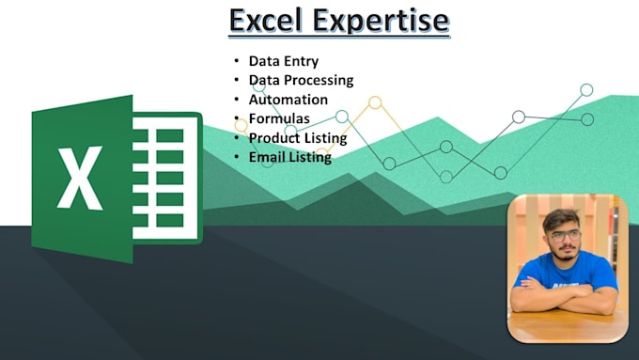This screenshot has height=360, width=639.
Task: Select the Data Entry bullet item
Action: (282, 61)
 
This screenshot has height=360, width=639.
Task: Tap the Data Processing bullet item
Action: (301, 80)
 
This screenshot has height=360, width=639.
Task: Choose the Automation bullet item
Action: (288, 100)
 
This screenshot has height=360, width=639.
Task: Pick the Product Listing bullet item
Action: (298, 138)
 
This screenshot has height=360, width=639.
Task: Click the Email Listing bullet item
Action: (289, 157)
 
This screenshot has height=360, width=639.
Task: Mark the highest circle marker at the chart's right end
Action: (586, 90)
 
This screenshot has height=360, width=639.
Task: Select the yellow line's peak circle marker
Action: (375, 102)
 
